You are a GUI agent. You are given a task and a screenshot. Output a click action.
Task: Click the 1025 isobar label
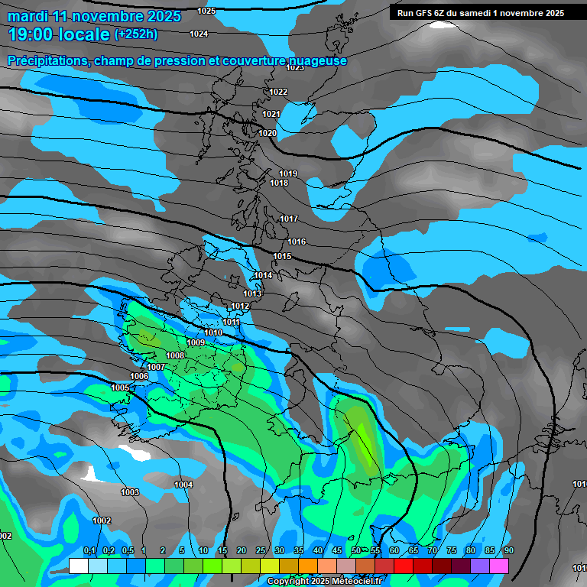[206, 11]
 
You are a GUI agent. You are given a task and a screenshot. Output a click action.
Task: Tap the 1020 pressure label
[268, 133]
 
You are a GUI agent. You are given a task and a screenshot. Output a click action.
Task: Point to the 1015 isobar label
[282, 256]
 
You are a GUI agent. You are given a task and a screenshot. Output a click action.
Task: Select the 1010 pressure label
[213, 332]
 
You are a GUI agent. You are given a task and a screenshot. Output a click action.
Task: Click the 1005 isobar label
[120, 388]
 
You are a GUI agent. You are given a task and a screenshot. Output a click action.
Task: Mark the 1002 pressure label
[102, 521]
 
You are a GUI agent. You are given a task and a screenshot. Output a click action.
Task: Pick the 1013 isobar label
[252, 293]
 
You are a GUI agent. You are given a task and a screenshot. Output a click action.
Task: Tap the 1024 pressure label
[199, 34]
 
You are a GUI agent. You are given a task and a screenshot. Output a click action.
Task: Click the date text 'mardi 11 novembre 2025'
[94, 16]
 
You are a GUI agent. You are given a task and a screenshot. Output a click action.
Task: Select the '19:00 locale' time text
[59, 34]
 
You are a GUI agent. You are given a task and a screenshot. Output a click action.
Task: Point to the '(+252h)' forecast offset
[136, 34]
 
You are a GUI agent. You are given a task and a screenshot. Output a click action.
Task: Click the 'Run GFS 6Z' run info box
[481, 13]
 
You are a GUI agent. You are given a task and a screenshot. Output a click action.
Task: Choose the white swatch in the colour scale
[78, 566]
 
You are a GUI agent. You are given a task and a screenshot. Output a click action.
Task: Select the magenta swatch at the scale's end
[499, 566]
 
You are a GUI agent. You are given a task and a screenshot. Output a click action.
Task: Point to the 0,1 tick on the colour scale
[89, 551]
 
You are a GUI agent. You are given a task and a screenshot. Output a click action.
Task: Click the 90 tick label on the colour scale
[509, 551]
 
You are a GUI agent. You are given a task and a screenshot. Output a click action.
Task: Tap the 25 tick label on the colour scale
[260, 551]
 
